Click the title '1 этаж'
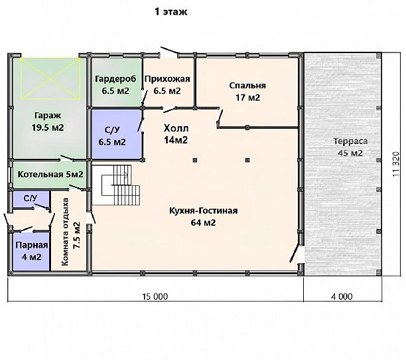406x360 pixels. coord(171,12)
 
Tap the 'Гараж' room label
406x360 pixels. coord(48,116)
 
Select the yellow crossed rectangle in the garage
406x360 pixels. coord(50,78)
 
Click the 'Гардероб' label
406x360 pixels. coord(115,79)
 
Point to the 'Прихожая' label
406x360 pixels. coord(167,79)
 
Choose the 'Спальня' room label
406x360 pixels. coord(247,86)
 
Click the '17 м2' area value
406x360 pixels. coord(247,98)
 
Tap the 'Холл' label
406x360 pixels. coord(176,128)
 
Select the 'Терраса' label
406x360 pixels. coord(350,141)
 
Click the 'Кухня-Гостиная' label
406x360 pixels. coord(203,211)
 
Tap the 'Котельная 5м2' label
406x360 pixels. coord(50,175)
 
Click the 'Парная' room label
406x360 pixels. coord(32,246)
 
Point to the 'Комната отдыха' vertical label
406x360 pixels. coord(66,232)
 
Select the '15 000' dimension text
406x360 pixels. coord(155,296)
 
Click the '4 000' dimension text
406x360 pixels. coord(342,296)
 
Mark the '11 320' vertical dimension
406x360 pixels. coord(396,164)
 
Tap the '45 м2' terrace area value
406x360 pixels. coord(350,153)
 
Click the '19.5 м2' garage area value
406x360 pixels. coord(48,128)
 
